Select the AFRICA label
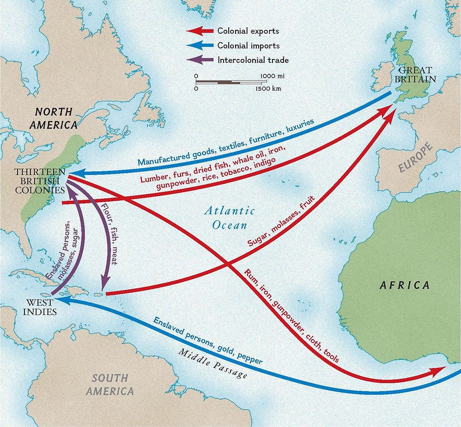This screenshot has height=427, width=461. tap(404, 285)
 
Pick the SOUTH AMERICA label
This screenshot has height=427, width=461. tap(110, 385)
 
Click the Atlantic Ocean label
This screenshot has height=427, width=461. tap(230, 218)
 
